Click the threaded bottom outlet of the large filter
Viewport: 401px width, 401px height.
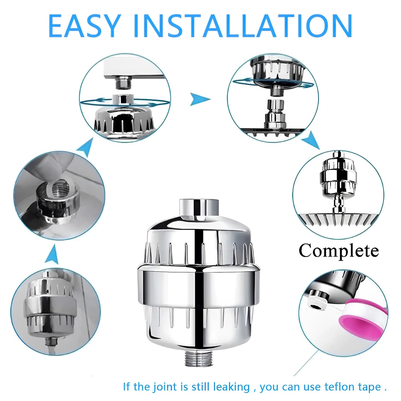coord(196,358)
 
